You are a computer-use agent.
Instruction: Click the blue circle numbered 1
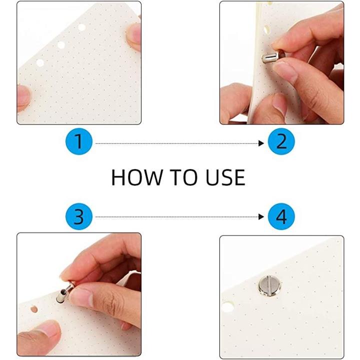(79, 141)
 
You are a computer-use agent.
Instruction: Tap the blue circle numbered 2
(281, 141)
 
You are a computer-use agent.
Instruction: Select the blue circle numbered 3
(79, 216)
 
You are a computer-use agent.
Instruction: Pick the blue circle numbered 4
(281, 216)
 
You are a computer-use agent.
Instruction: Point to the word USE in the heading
(225, 177)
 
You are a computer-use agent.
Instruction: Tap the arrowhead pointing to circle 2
(261, 143)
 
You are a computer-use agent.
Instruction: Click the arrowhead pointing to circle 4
(261, 216)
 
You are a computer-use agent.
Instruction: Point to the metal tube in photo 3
(65, 293)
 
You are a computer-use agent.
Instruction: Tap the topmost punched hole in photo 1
(81, 27)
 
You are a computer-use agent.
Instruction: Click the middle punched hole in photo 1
(61, 45)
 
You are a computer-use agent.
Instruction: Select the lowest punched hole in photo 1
(40, 62)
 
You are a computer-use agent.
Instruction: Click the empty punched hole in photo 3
(34, 309)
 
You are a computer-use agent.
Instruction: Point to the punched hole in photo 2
(266, 29)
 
